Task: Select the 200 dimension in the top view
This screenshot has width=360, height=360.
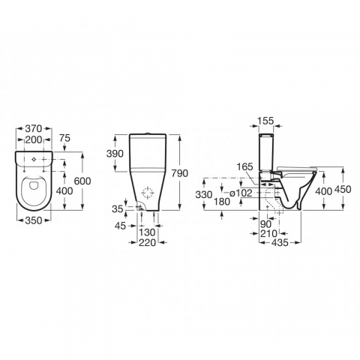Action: [32, 140]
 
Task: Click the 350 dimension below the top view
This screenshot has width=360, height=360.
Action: [32, 221]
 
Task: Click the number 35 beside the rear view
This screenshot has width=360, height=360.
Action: [118, 208]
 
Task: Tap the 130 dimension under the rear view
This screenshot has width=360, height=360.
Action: [148, 232]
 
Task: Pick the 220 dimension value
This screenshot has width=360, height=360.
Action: [148, 243]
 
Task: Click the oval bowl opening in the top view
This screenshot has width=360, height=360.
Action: [32, 192]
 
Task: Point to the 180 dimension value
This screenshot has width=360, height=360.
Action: [221, 202]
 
